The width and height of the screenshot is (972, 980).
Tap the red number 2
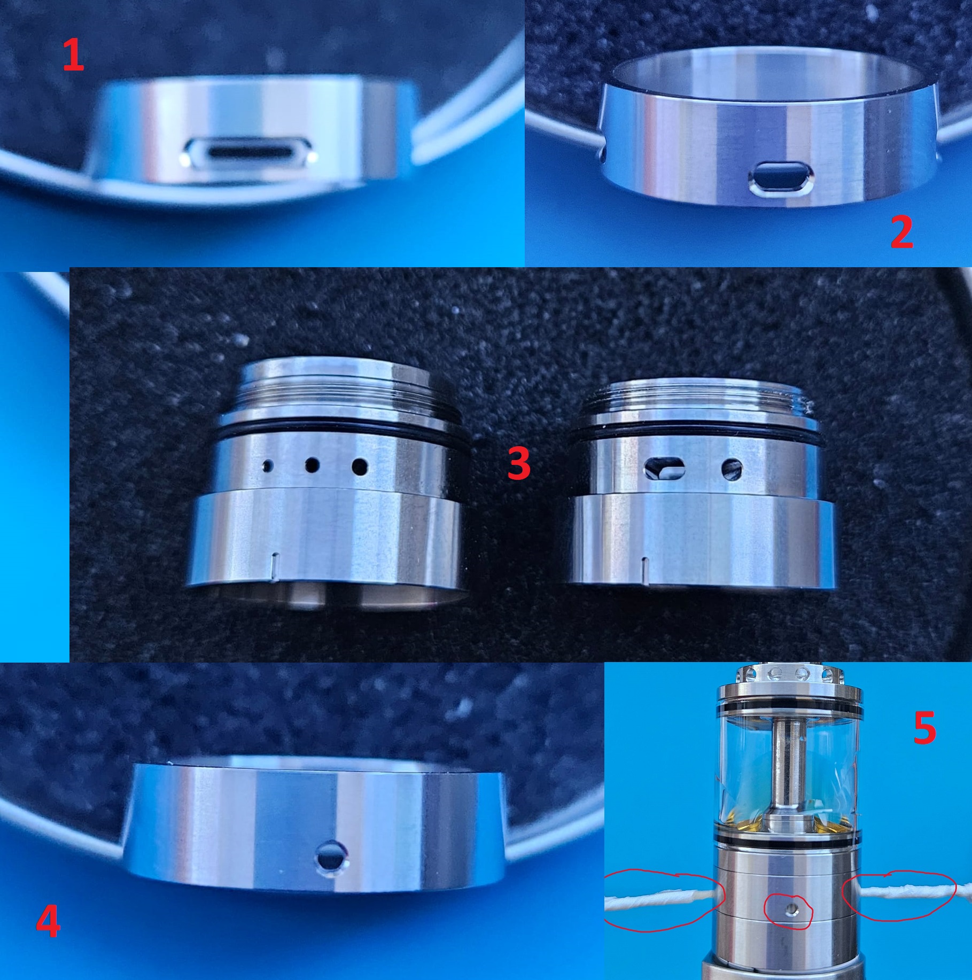[902, 232]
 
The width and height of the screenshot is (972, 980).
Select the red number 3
[519, 463]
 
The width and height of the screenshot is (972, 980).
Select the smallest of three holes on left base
[266, 466]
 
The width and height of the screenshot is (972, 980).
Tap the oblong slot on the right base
[665, 468]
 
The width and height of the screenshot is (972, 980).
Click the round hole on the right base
[732, 469]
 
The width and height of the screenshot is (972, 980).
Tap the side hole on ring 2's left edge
[602, 155]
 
